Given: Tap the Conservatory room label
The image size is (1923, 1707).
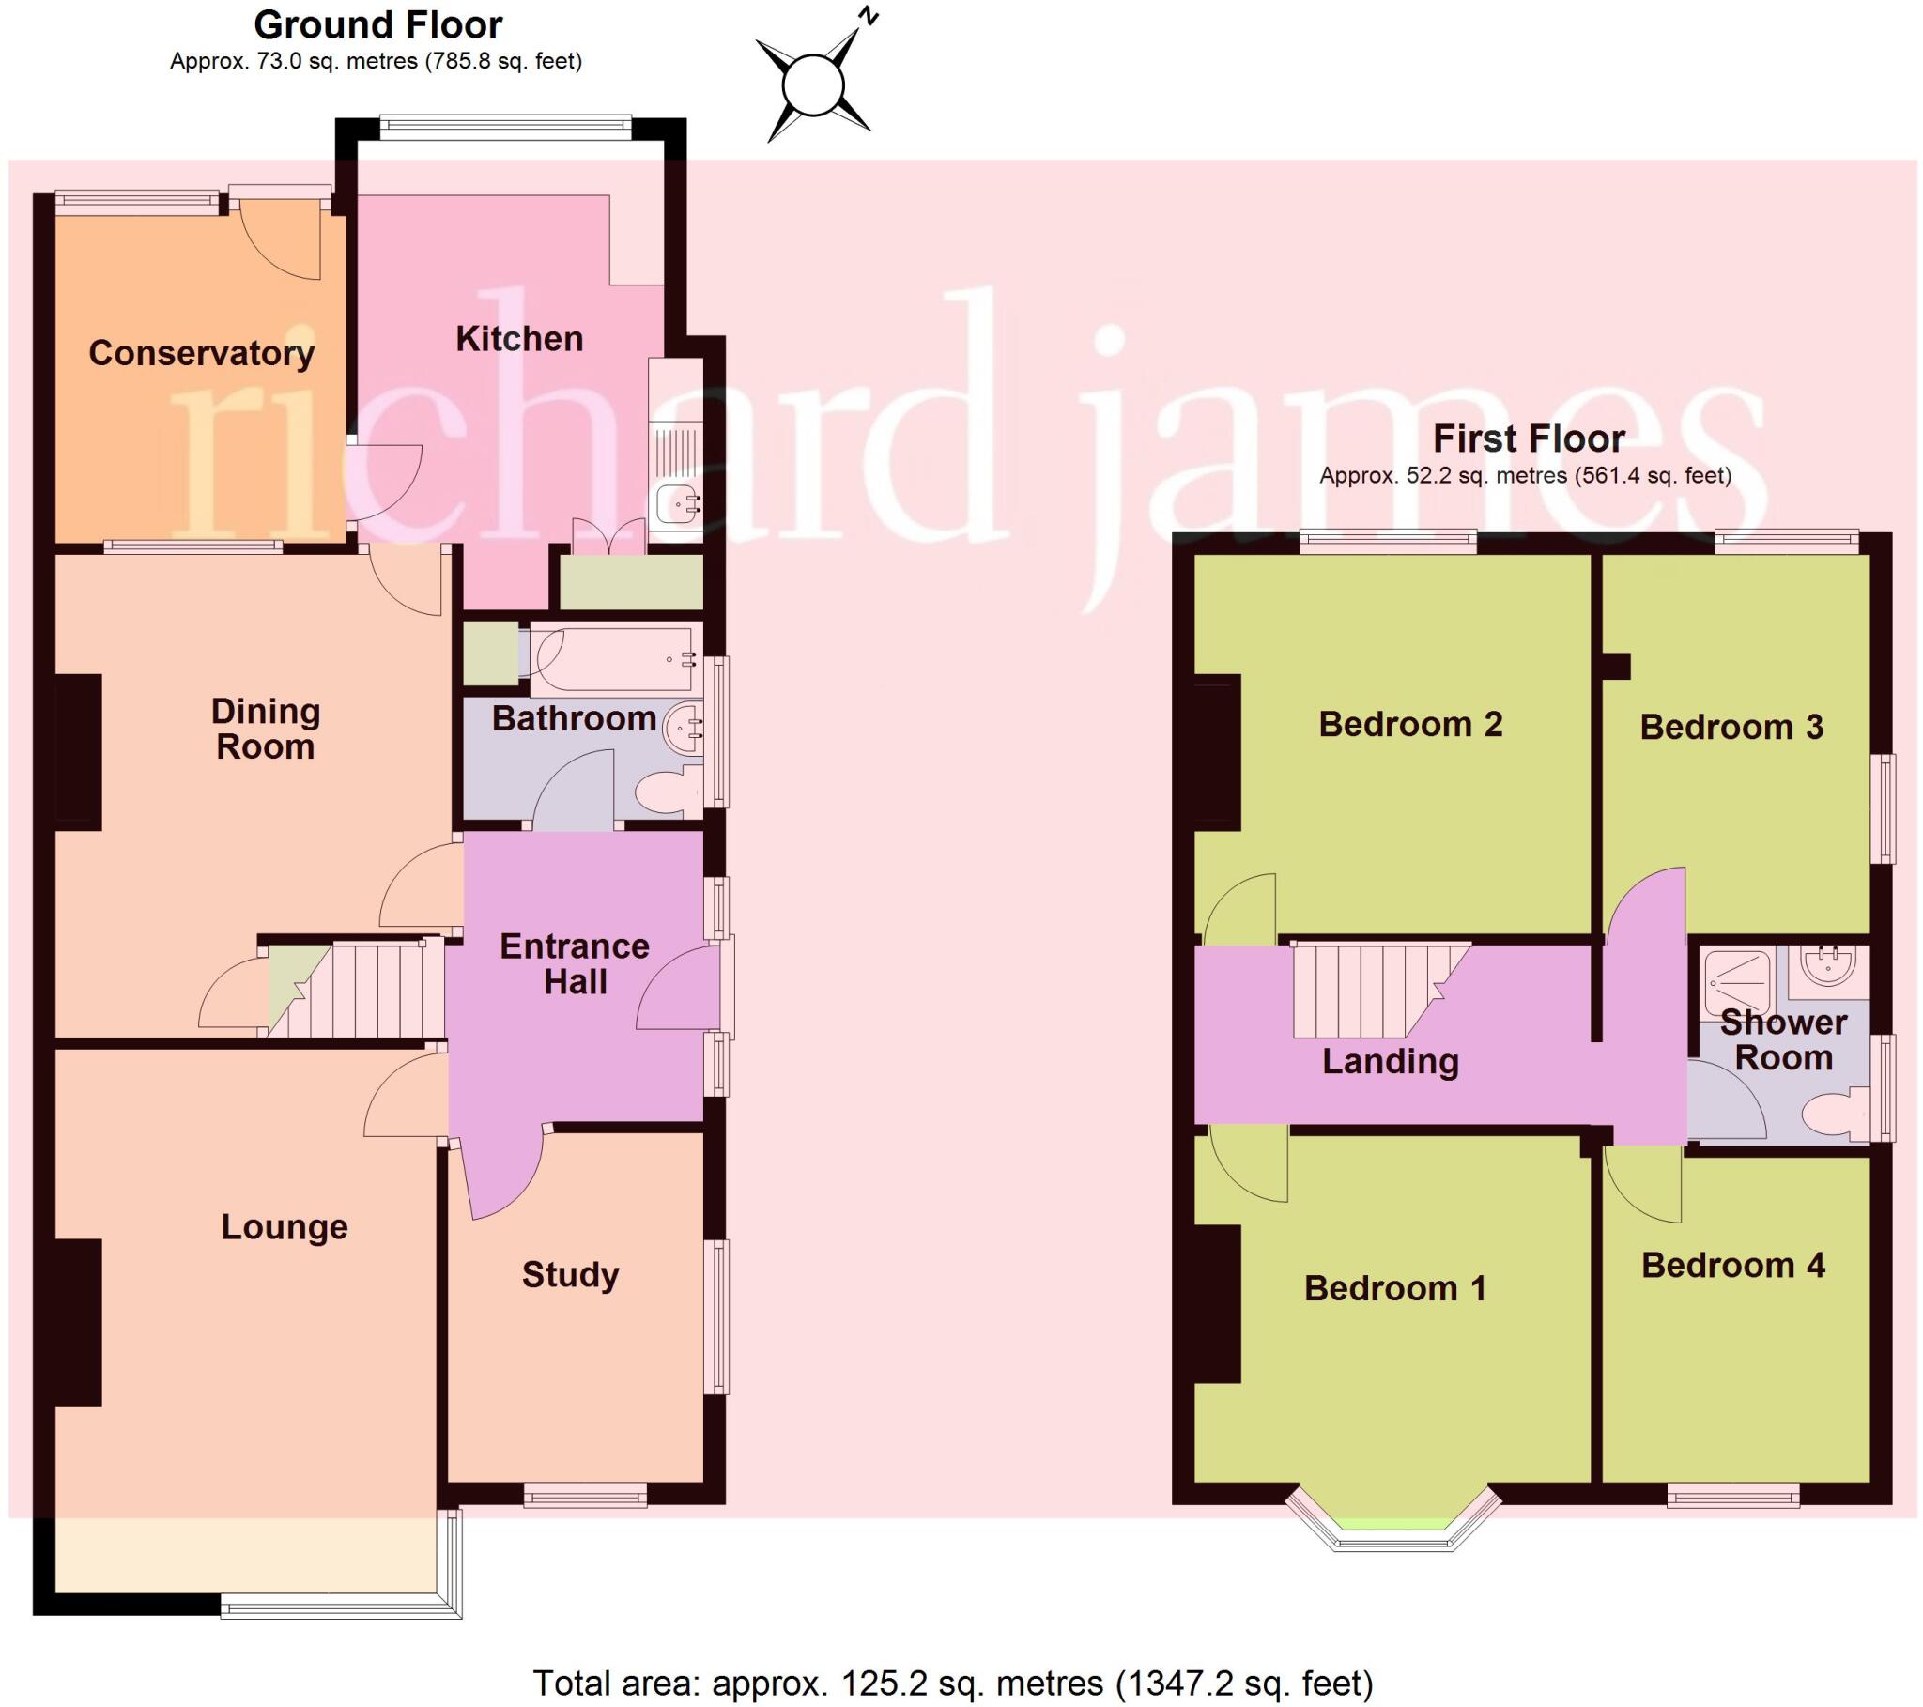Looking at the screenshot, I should click(x=201, y=353).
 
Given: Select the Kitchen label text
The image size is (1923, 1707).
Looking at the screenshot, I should click(x=519, y=339).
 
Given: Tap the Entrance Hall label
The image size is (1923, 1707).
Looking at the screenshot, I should click(x=575, y=963).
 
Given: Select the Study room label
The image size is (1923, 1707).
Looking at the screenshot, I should click(x=570, y=1274).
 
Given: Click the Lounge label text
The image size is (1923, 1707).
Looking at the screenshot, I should click(x=285, y=1227).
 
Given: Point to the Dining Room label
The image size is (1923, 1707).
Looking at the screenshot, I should click(x=266, y=729).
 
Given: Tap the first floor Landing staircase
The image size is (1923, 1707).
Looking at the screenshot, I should click(x=1364, y=990).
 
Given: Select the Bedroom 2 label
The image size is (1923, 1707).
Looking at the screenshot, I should click(x=1410, y=724).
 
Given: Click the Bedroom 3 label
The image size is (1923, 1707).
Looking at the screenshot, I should click(x=1731, y=727).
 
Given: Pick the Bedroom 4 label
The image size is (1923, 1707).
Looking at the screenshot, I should click(x=1733, y=1266).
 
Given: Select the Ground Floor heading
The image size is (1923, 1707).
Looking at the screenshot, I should click(x=378, y=24).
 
